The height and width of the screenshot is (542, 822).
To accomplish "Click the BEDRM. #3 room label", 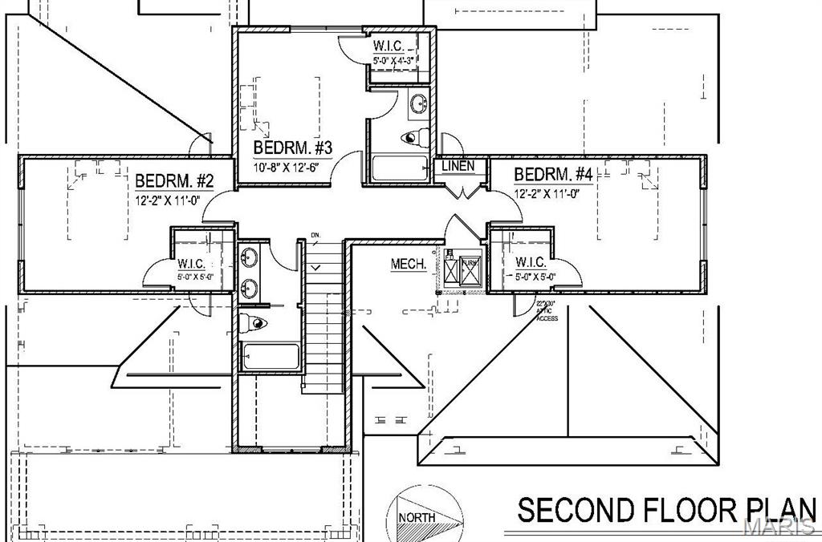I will [x=293, y=148].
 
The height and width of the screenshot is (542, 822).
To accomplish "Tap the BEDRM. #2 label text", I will [x=173, y=180].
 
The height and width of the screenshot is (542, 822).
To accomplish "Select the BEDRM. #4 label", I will [x=553, y=175].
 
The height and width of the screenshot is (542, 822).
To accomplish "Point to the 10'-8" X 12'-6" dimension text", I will [x=293, y=168].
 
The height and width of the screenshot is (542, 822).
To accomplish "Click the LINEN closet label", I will [x=458, y=166].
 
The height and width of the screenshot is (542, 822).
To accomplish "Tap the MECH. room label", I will [x=409, y=264].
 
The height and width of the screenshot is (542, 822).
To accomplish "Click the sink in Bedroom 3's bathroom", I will [x=418, y=103].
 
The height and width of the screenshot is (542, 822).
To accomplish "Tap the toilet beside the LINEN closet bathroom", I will [x=413, y=137].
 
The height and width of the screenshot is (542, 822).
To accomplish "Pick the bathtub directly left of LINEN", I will [x=400, y=168].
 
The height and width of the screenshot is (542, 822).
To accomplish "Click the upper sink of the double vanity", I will [x=249, y=257].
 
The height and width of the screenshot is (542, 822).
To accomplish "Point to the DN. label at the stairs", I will [x=315, y=236].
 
